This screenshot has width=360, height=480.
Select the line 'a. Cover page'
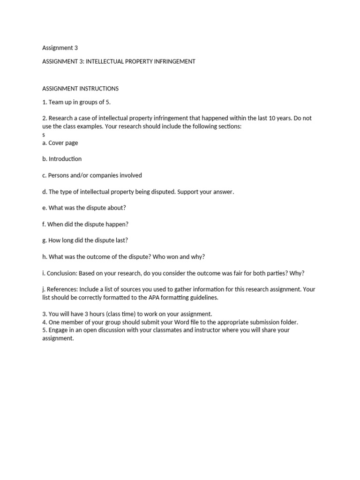(x=60, y=142)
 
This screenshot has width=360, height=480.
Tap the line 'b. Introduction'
(x=62, y=159)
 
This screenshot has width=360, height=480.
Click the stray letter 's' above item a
(x=44, y=134)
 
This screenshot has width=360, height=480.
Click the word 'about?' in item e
(x=117, y=208)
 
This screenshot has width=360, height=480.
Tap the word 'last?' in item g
(x=120, y=240)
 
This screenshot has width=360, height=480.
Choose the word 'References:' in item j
(x=62, y=289)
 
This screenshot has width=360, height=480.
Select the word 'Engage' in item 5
(x=59, y=330)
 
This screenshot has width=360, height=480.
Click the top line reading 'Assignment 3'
(x=60, y=47)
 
